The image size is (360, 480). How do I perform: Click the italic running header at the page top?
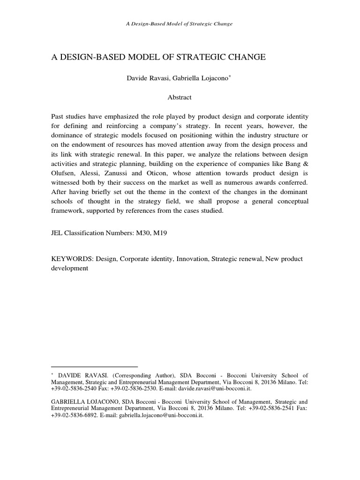click(180, 23)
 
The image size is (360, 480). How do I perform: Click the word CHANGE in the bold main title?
click(243, 57)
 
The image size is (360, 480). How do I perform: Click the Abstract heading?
click(180, 97)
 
